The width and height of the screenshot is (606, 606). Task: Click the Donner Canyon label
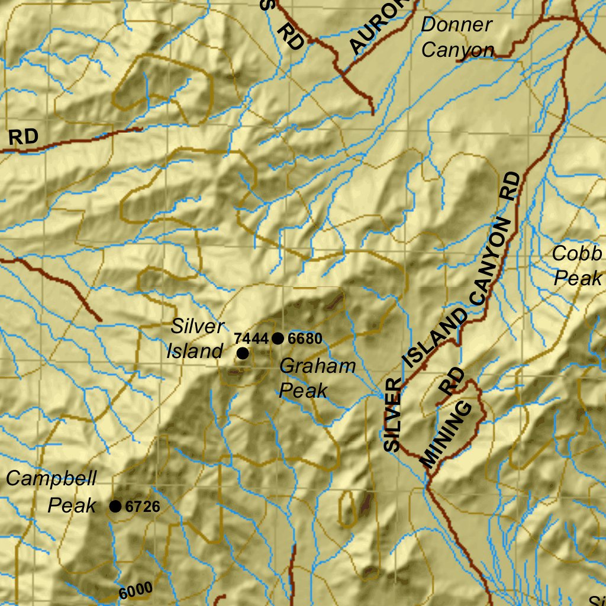[x=457, y=37]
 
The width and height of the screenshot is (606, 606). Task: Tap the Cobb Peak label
[x=577, y=266]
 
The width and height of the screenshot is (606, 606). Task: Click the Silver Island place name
[x=195, y=339]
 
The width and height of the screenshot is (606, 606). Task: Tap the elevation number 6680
[x=306, y=339]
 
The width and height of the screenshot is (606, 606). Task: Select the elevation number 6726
[x=143, y=507]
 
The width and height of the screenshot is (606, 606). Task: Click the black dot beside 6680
[x=278, y=339]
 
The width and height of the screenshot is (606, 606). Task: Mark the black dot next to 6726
[x=115, y=506]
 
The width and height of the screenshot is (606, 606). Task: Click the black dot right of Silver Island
[x=242, y=353]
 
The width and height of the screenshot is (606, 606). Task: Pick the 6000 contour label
[x=136, y=590]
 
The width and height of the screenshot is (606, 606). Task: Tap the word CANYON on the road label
[x=491, y=260]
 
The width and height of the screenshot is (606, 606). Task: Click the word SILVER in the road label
[x=392, y=415]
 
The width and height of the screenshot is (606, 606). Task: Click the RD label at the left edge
[x=24, y=137]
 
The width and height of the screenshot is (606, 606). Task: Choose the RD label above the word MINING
[x=453, y=382]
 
